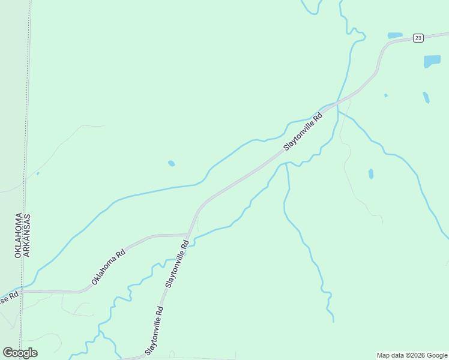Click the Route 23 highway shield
418,38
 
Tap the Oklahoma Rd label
108,266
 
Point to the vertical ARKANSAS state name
28,235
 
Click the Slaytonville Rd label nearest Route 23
303,131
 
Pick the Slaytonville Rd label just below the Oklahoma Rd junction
177,263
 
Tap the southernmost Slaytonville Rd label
154,331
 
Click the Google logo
20,353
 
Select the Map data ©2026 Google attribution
412,355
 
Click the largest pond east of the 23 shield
432,61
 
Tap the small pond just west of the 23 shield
394,35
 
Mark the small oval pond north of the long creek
172,163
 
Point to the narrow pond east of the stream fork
371,174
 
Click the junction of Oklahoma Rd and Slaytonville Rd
189,235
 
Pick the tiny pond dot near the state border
38,174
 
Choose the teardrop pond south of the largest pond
426,97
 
